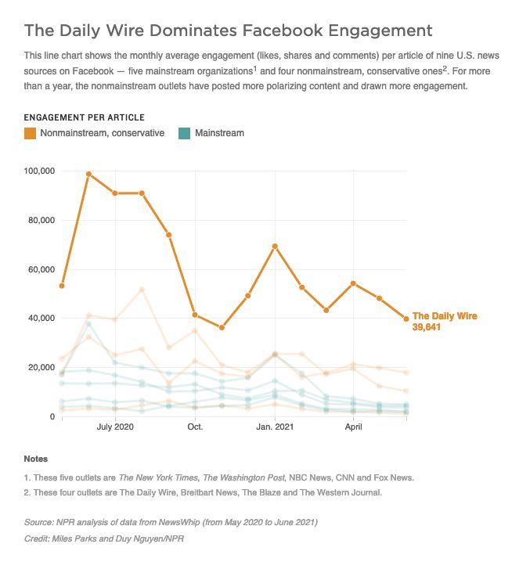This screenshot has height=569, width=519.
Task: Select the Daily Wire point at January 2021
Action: tap(275, 247)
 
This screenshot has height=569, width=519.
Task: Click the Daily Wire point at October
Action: tap(195, 315)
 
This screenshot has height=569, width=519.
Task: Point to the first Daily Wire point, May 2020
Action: tap(62, 286)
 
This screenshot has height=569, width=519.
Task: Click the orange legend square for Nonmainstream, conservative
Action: tap(30, 133)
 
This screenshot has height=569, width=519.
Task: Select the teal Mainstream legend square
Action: tap(185, 133)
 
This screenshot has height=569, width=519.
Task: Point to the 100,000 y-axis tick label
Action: tap(39, 171)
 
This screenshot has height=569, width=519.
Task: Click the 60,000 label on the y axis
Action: tap(41, 269)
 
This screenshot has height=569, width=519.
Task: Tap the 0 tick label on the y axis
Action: tap(52, 416)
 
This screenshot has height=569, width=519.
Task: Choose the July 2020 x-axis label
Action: tap(115, 427)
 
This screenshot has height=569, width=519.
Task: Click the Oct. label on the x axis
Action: tap(195, 427)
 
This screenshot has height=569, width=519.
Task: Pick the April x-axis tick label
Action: tap(354, 427)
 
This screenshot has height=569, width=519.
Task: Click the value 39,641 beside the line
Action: tap(427, 327)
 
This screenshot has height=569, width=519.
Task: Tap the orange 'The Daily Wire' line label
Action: tap(445, 316)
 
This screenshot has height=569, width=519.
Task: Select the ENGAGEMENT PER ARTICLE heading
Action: tap(85, 117)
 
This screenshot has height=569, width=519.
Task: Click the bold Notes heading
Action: tap(36, 459)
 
